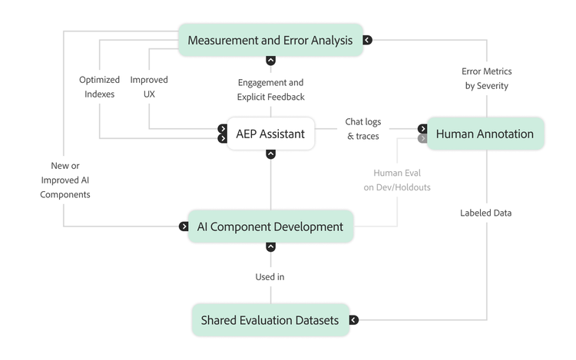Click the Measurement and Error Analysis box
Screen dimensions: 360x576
pos(270,40)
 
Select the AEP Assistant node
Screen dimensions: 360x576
pos(270,134)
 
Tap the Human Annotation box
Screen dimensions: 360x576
pos(485,134)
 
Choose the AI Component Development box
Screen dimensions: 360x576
pos(270,226)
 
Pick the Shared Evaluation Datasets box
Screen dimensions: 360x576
pos(270,320)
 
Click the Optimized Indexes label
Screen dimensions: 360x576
pos(100,86)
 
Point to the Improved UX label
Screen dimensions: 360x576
pos(149,86)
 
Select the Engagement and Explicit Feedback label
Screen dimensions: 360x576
pos(270,90)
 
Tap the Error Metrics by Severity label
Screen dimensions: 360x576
pos(486,78)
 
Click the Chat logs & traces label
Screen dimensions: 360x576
pos(363,129)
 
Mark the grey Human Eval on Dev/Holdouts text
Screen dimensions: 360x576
pos(397,180)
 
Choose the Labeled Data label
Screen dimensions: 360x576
pos(485,213)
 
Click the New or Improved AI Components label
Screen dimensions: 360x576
pos(65,180)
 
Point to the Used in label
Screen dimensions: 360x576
pos(270,276)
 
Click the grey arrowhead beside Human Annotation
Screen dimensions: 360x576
pos(422,139)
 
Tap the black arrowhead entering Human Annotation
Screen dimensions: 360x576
pos(422,129)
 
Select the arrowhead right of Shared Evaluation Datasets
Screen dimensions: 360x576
pos(354,320)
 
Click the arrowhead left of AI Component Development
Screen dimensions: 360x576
pos(184,226)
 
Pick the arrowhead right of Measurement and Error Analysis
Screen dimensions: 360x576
pos(367,40)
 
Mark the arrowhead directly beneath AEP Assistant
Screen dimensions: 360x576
pos(270,154)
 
